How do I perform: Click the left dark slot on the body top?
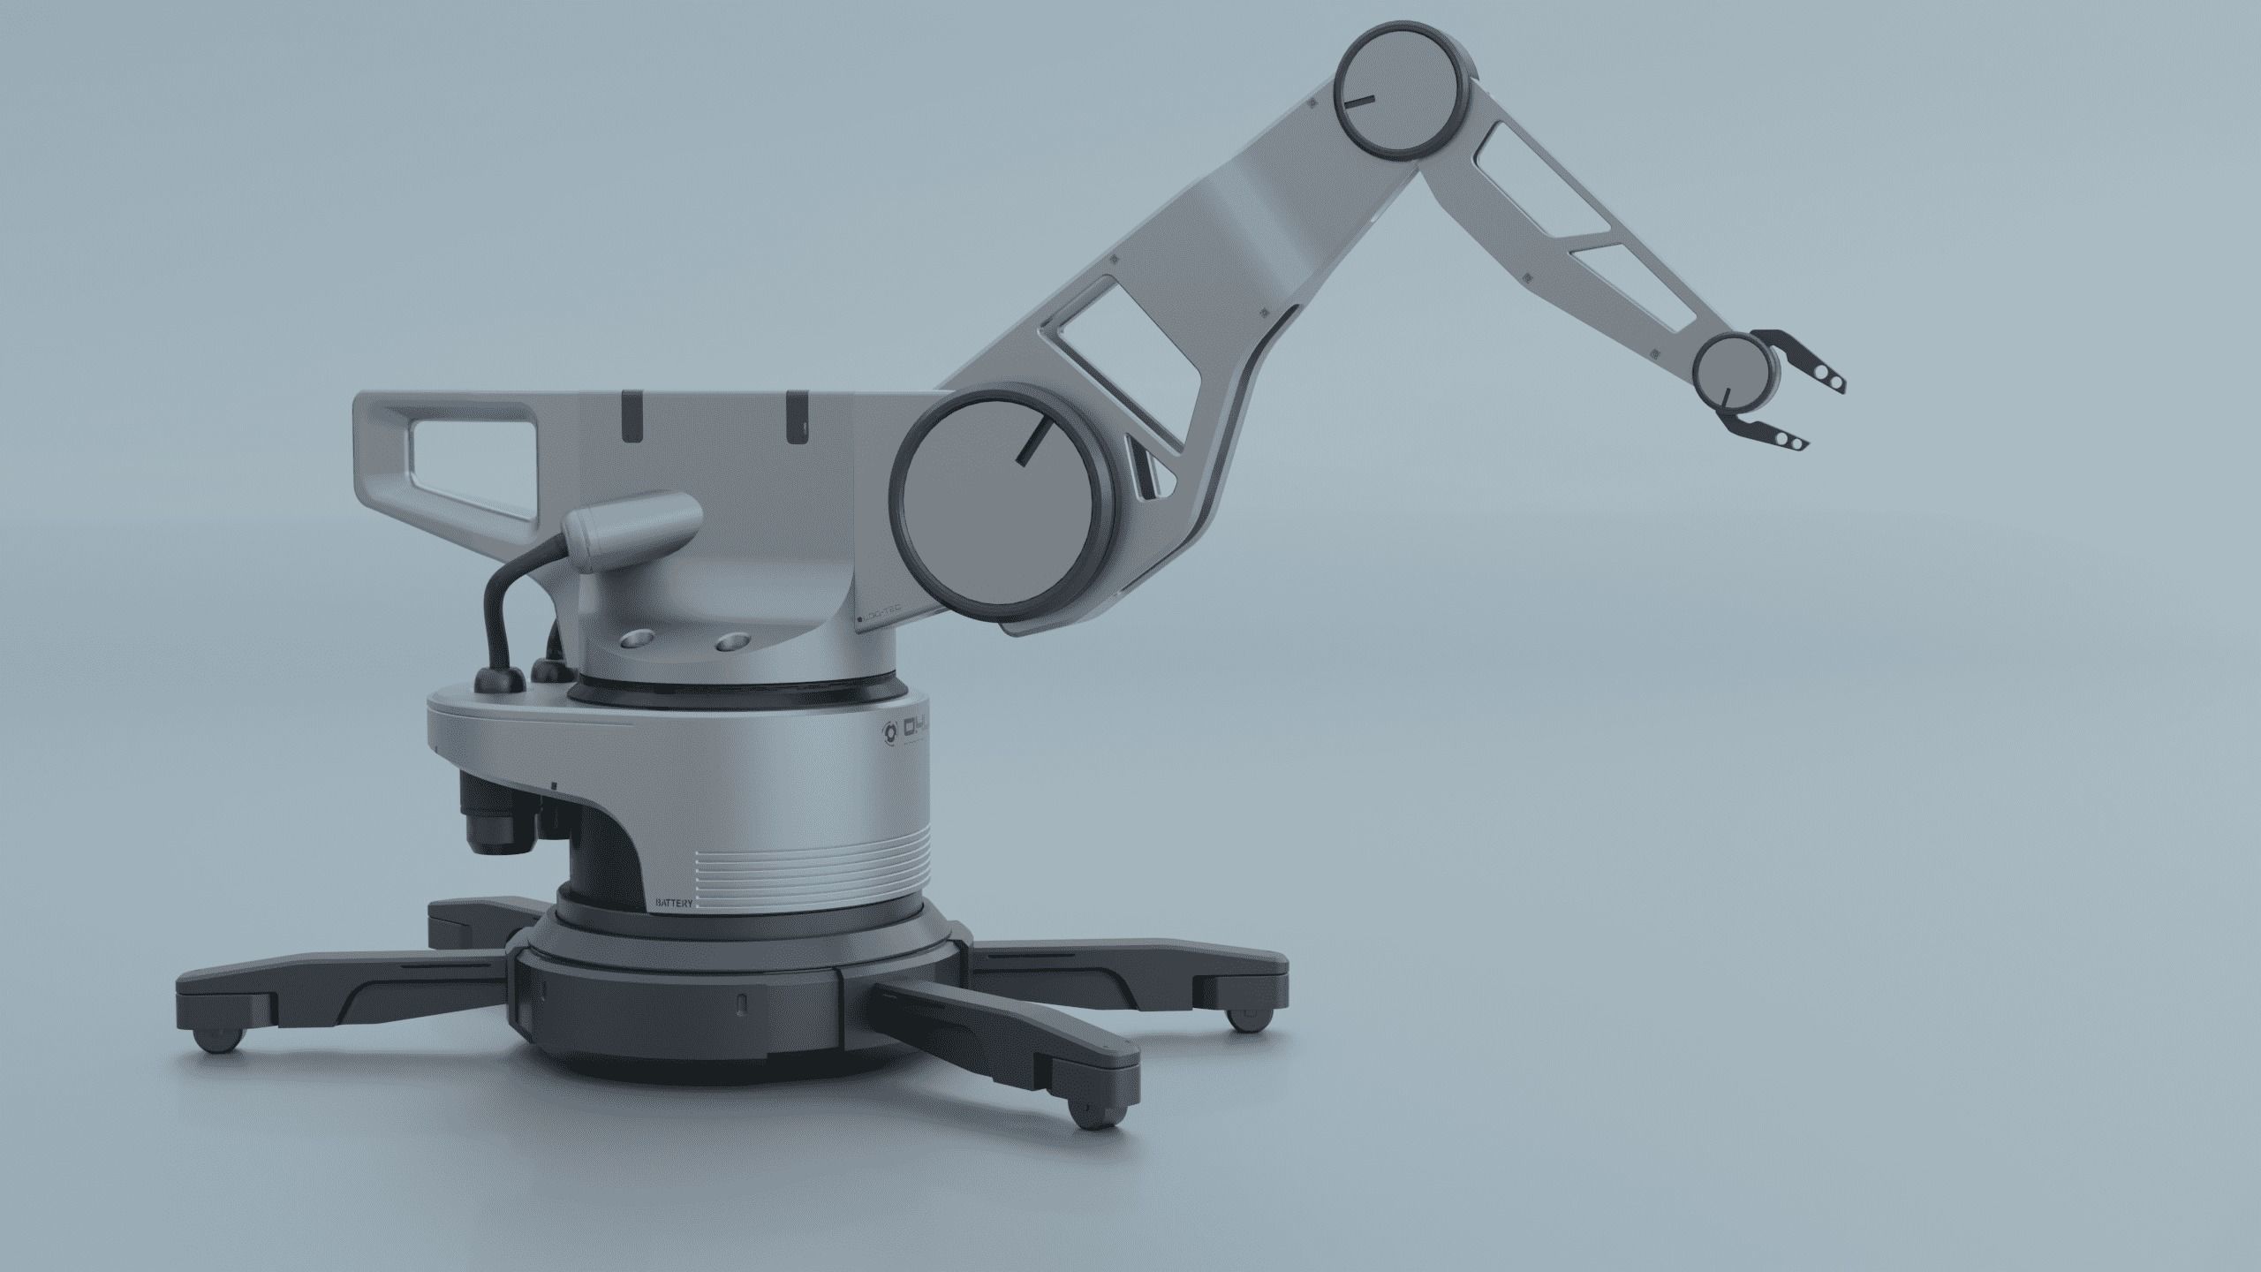click(632, 415)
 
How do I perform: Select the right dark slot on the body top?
click(797, 415)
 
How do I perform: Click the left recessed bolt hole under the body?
click(637, 640)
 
